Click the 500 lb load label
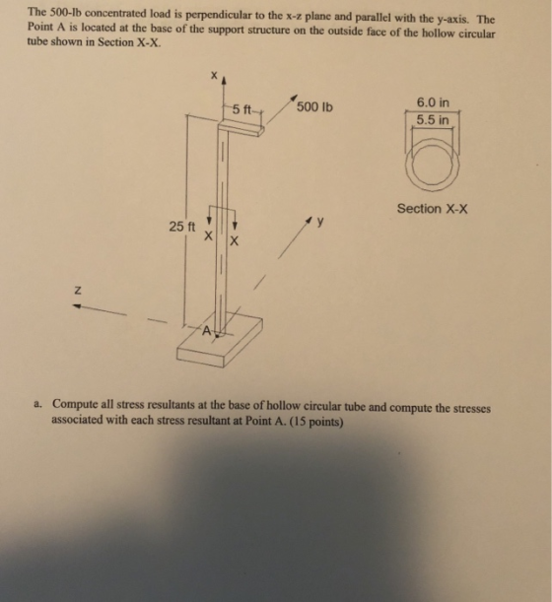click(x=314, y=106)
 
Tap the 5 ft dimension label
click(x=241, y=109)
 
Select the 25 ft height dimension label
click(x=182, y=227)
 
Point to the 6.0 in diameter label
click(x=433, y=102)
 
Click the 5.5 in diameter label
click(x=433, y=120)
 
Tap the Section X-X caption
click(x=432, y=209)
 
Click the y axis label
click(x=320, y=221)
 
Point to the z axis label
click(x=77, y=291)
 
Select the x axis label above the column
click(x=214, y=75)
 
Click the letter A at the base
click(x=207, y=330)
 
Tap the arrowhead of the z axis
click(x=77, y=306)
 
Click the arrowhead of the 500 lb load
click(x=295, y=97)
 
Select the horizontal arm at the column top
click(x=241, y=128)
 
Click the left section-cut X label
click(x=208, y=235)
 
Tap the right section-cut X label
click(x=234, y=241)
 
